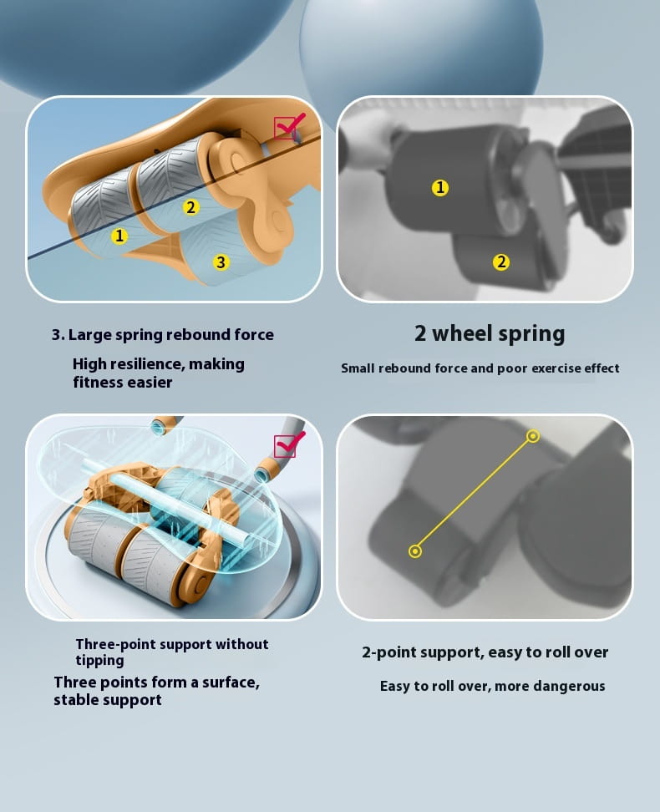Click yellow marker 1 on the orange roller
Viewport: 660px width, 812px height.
tap(119, 236)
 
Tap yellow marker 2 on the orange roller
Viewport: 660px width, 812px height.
tap(190, 207)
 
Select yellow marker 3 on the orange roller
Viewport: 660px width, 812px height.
tap(221, 262)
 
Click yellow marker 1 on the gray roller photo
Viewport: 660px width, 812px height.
tap(440, 187)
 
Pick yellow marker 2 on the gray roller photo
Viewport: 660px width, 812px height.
tap(501, 262)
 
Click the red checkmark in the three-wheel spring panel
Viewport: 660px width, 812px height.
tap(290, 126)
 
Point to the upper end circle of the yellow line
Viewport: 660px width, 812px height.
tap(532, 436)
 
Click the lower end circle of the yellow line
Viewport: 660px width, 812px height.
tap(415, 551)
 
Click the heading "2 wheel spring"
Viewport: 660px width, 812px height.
tap(490, 333)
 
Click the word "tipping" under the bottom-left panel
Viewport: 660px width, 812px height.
tap(100, 660)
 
